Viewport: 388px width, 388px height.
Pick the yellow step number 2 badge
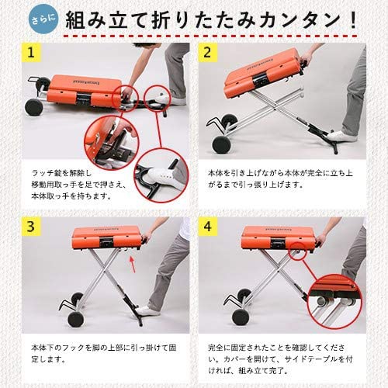point(207,54)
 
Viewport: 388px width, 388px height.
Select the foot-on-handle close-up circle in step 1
point(161,175)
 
